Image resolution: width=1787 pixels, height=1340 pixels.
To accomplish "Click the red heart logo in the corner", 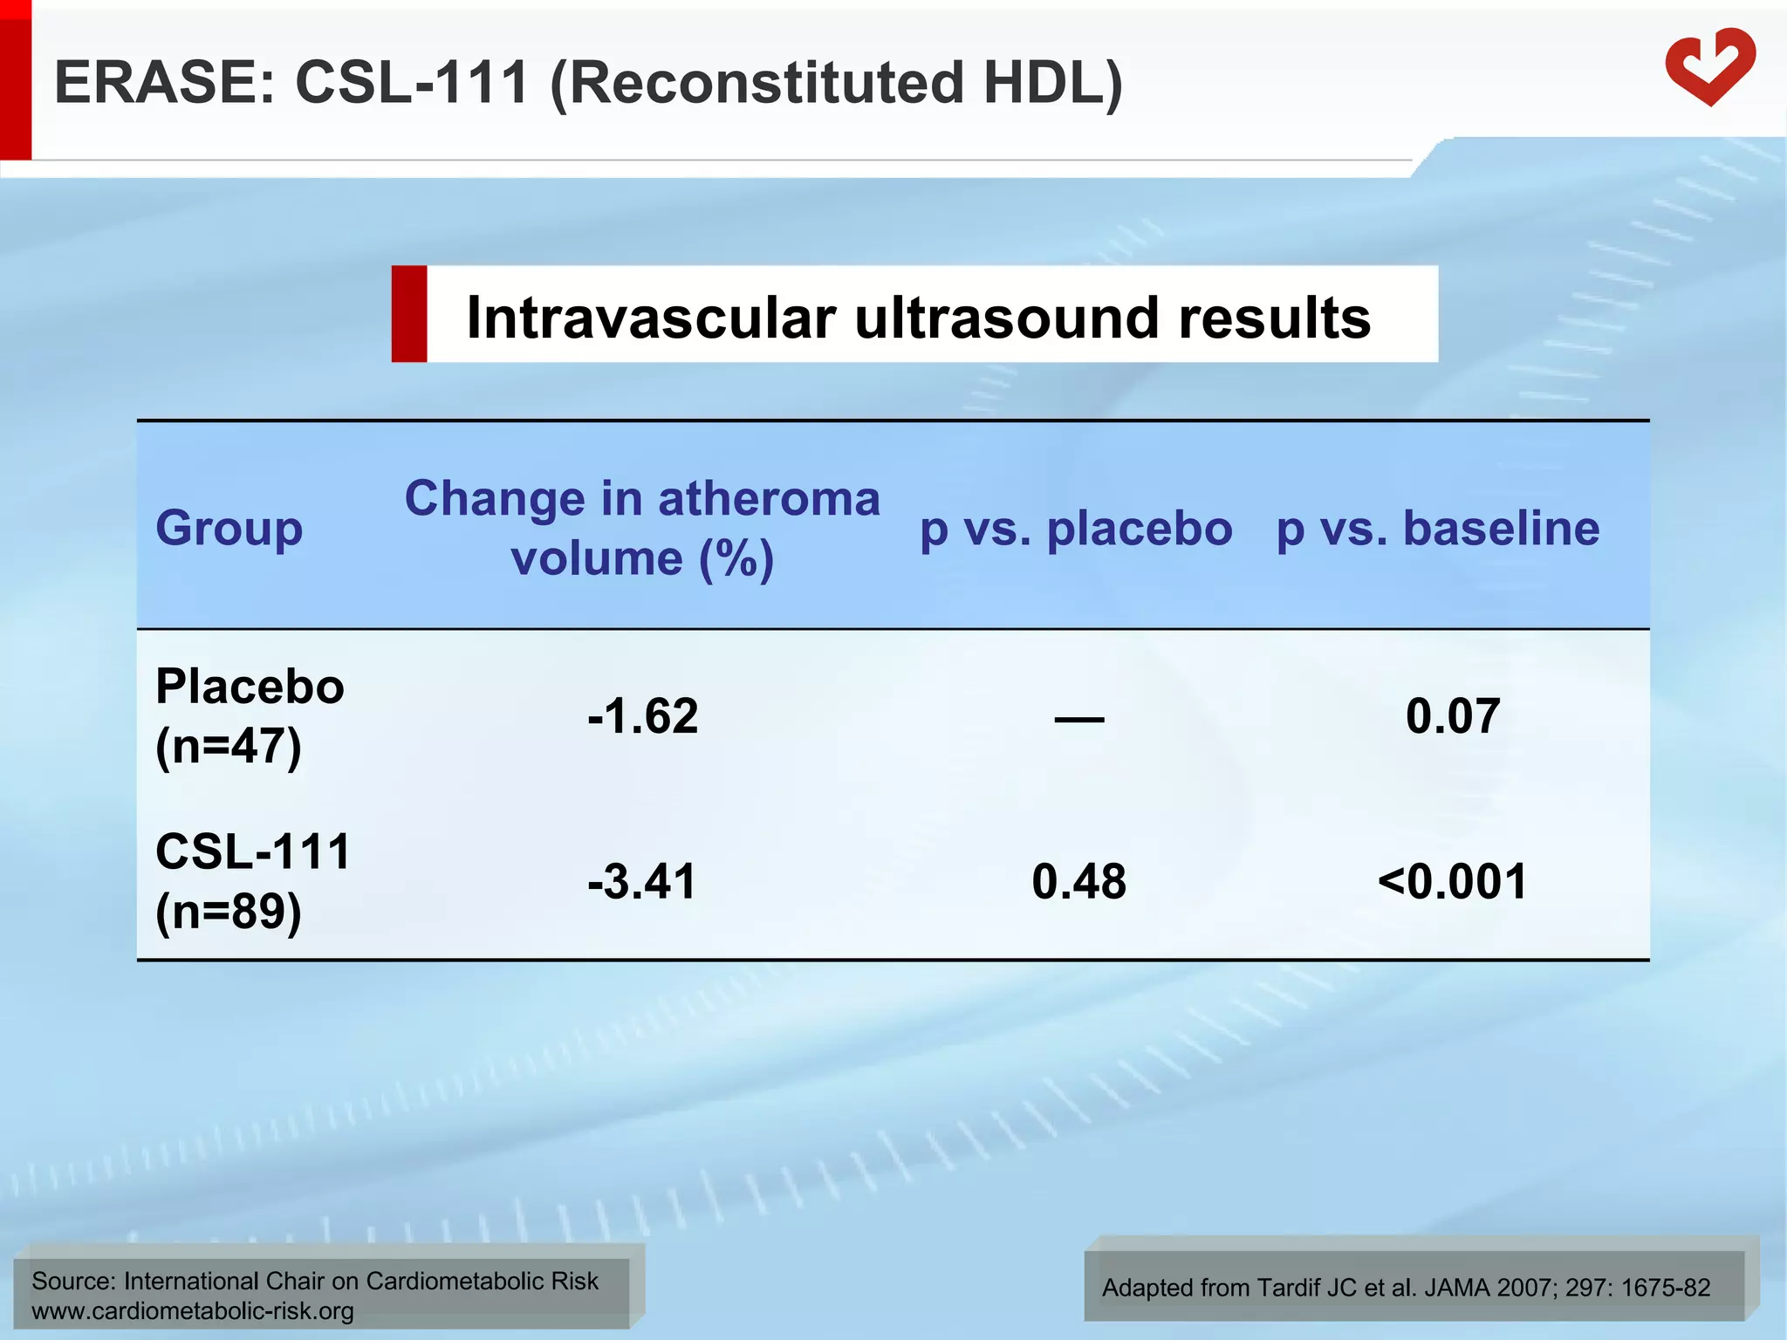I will pos(1709,67).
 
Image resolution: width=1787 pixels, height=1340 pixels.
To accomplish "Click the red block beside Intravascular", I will pos(409,314).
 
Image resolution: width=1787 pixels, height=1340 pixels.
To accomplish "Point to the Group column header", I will pos(229,529).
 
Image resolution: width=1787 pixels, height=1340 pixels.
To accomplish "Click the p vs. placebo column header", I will pos(1076,529).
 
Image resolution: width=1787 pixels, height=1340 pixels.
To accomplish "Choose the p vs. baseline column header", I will pos(1437,529).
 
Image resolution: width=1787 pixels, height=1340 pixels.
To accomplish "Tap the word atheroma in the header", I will pos(769,499).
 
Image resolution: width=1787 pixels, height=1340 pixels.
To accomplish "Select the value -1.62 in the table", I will pos(643,716).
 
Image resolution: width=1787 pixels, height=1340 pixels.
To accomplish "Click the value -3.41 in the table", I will pos(643,881).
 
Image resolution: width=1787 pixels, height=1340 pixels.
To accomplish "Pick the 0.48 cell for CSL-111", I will pos(1078,881).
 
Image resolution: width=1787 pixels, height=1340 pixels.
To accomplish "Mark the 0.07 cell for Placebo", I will pos(1453,716).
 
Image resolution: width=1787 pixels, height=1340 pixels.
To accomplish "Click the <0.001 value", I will pos(1453,881).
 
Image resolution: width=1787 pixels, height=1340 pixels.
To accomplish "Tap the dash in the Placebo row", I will pos(1079,719).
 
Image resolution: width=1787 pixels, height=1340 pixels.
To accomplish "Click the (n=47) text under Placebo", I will pos(229,747).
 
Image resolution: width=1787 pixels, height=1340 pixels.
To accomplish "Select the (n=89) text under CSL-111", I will pos(229,912).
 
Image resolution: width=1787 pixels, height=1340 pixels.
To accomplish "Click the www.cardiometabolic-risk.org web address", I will pos(193,1310).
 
